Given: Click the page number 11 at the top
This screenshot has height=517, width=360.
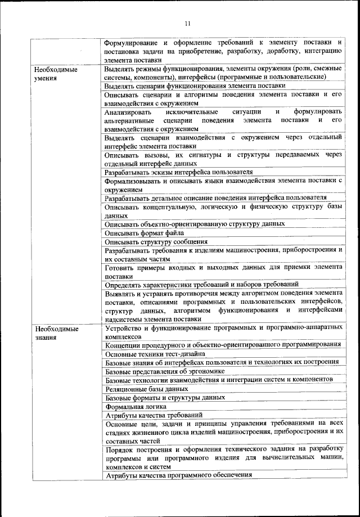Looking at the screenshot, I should click(x=187, y=23).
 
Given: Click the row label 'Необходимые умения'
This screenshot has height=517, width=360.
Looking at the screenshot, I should click(x=55, y=74).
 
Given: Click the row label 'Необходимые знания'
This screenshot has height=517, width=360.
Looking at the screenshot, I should click(x=55, y=332).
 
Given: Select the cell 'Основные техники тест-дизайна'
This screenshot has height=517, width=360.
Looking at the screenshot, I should click(x=155, y=353).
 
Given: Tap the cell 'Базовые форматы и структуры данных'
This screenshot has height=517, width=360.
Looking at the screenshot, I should click(x=165, y=397).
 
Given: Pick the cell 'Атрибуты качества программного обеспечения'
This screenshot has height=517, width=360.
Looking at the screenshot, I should click(x=178, y=475).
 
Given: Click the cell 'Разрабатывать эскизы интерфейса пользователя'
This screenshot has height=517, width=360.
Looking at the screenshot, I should click(x=178, y=172).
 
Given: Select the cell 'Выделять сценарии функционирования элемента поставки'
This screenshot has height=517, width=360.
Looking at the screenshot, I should click(x=195, y=86).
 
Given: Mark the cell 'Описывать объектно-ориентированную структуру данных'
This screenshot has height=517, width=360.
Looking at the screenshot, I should click(x=195, y=224).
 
